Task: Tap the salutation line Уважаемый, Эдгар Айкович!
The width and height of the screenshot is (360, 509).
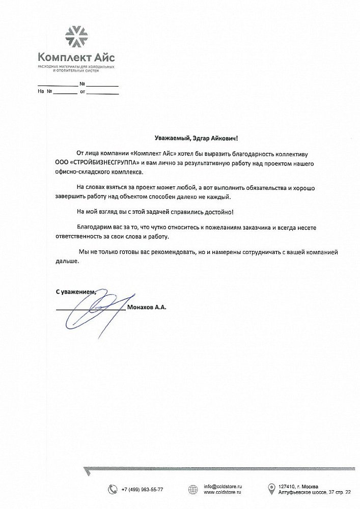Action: tap(196, 138)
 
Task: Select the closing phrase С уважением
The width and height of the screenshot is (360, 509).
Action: tap(75, 292)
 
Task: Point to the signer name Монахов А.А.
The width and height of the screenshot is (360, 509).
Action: tap(148, 307)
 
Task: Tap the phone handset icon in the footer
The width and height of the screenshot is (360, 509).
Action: tap(113, 489)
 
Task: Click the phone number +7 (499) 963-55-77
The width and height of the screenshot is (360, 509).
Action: tap(143, 489)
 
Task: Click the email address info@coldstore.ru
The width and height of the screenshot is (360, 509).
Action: tap(223, 486)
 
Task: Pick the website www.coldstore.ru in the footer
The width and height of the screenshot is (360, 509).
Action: tap(223, 493)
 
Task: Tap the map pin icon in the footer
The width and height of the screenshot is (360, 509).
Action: tap(271, 489)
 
